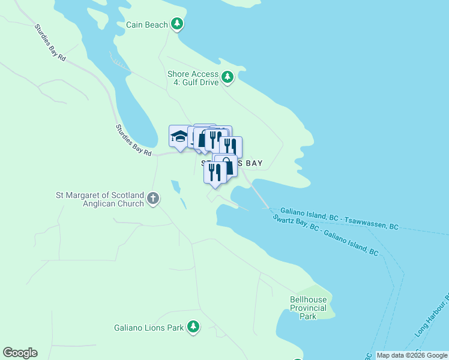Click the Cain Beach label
[x=146, y=25]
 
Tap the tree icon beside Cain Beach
[x=177, y=24]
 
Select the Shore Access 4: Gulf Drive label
[x=193, y=78]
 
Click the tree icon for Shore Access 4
[x=228, y=77]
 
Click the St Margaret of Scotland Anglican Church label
[x=100, y=199]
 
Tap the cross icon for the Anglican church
[x=153, y=198]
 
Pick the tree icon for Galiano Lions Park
[x=193, y=327]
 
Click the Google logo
[x=20, y=353]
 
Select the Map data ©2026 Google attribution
[x=412, y=356]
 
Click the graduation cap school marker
[x=179, y=136]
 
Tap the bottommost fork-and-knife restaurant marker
[x=214, y=172]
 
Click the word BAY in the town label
[x=252, y=163]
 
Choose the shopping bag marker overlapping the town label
[x=226, y=166]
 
